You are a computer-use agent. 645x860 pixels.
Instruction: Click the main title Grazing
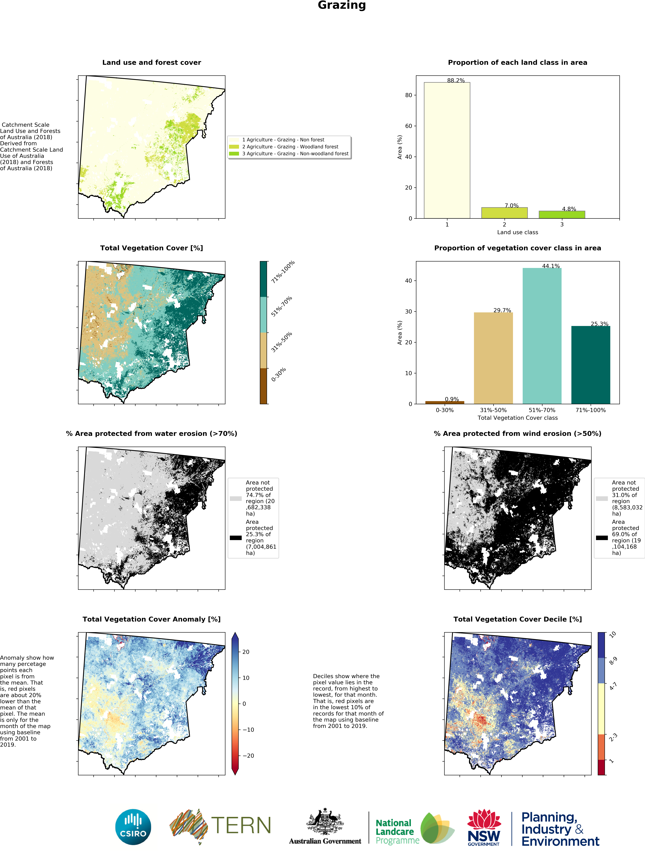coord(342,5)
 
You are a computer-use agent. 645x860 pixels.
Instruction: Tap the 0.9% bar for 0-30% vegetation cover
coord(444,402)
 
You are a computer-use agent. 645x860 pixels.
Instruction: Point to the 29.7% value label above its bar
coord(502,310)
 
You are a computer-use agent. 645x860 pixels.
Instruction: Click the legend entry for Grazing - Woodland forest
coord(290,147)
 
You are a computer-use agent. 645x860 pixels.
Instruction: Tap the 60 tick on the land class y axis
coord(408,126)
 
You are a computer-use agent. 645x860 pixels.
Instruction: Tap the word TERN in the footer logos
coord(241,825)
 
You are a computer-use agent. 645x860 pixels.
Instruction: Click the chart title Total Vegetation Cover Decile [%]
coord(517,619)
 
